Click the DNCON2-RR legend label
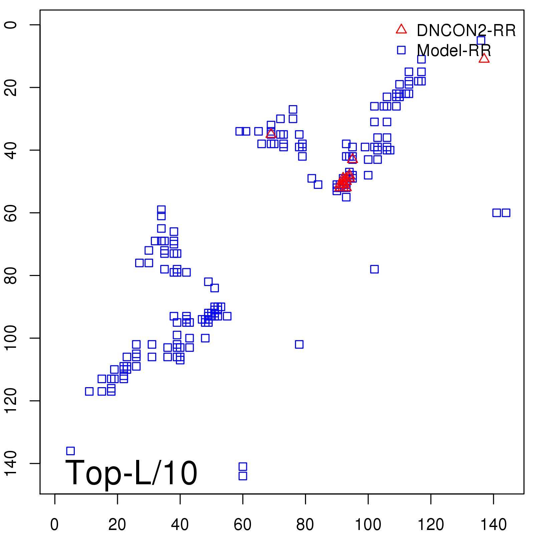(x=466, y=31)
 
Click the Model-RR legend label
(x=454, y=51)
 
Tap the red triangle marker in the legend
(x=401, y=29)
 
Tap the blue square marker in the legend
(x=401, y=50)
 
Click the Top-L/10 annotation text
(x=131, y=473)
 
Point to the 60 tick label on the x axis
(x=243, y=525)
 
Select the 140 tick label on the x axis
(x=493, y=525)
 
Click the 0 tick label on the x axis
(x=54, y=525)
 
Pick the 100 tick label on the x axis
(x=368, y=525)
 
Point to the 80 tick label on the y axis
(x=11, y=275)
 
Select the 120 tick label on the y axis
(x=11, y=400)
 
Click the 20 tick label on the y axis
(x=11, y=87)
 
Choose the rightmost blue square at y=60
(x=506, y=213)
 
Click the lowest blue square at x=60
(x=243, y=476)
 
